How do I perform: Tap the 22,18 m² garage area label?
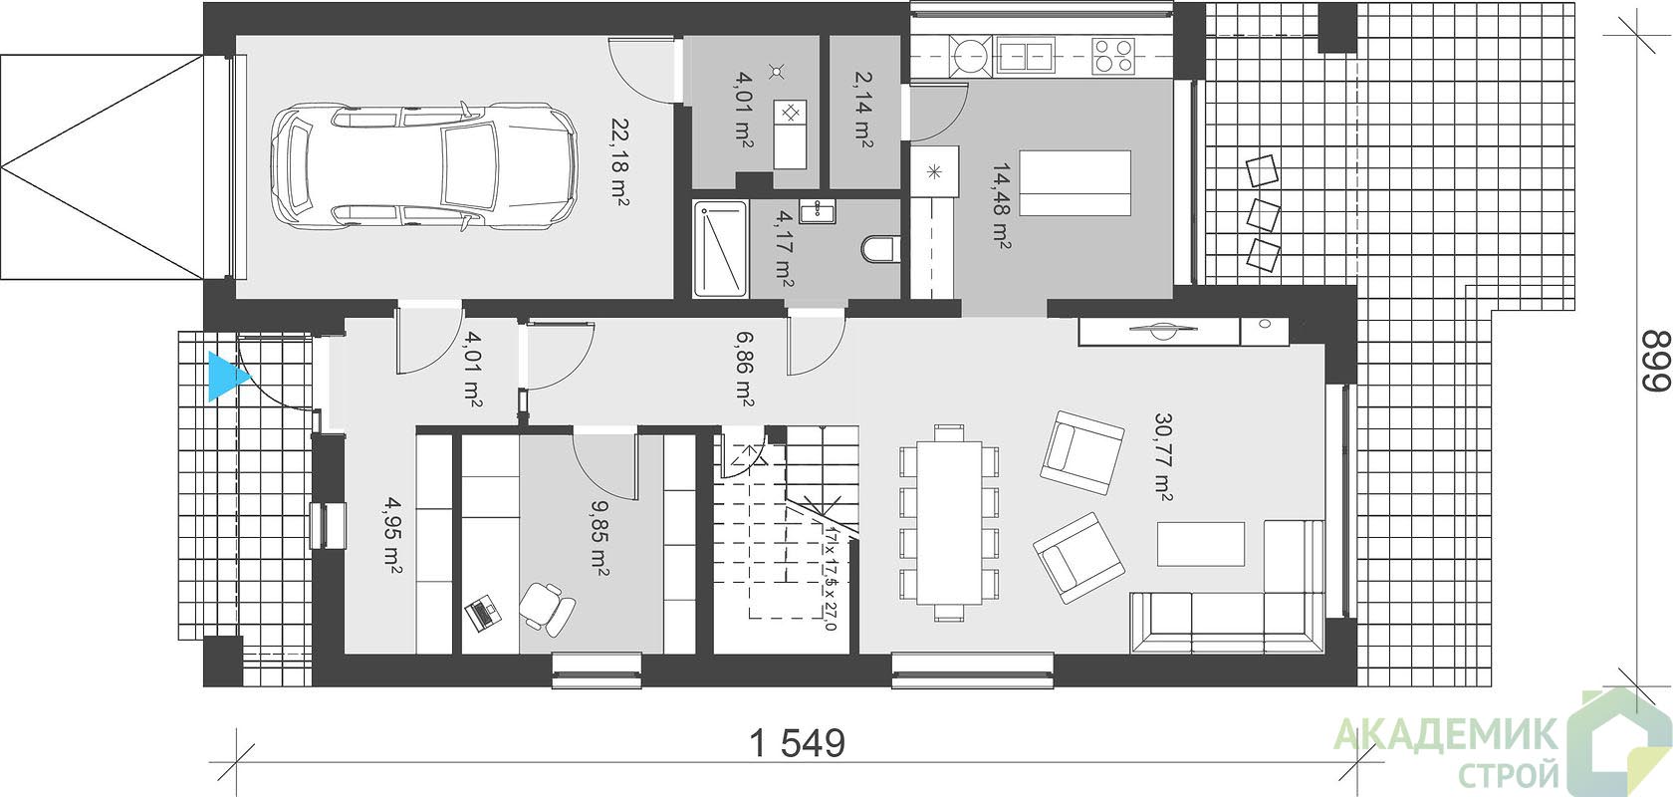coord(618,161)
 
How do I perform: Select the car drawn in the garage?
coord(424,165)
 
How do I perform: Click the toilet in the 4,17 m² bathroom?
coord(881,249)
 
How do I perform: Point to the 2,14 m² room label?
coord(862,109)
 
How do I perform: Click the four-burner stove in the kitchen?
coord(1113,56)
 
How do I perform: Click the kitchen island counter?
coord(1075,183)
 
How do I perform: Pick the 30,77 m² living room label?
coord(1163,457)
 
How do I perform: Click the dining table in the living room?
coord(949,523)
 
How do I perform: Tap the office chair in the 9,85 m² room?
coord(548,609)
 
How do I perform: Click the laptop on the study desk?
coord(482,613)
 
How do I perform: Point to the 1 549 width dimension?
coord(797,743)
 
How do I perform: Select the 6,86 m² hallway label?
coord(744,369)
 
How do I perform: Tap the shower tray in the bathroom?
coord(720,249)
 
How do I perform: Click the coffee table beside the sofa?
coord(1201,544)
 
